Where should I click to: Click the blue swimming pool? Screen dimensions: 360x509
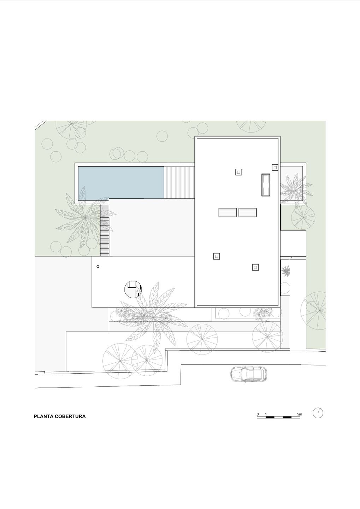[x=121, y=183]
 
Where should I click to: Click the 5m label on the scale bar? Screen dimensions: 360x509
[x=299, y=414]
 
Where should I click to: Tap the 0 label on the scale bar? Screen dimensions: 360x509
[x=258, y=414]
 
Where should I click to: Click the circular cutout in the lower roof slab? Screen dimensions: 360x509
[x=133, y=289]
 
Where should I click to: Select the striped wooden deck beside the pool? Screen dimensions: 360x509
[x=179, y=182]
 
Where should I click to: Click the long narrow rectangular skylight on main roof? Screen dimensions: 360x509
[x=266, y=185]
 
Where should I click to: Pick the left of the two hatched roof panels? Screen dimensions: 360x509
[x=228, y=212]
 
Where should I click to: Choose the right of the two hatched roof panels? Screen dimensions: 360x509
[x=248, y=212]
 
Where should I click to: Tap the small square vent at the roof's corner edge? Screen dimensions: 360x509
[x=275, y=168]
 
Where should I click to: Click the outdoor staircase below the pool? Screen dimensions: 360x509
[x=105, y=230]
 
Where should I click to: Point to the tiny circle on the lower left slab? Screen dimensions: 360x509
[x=98, y=267]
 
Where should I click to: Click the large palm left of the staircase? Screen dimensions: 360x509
[x=85, y=217]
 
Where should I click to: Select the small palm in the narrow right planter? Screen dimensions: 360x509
[x=285, y=271]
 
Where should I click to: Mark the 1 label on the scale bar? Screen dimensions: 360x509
[x=266, y=414]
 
